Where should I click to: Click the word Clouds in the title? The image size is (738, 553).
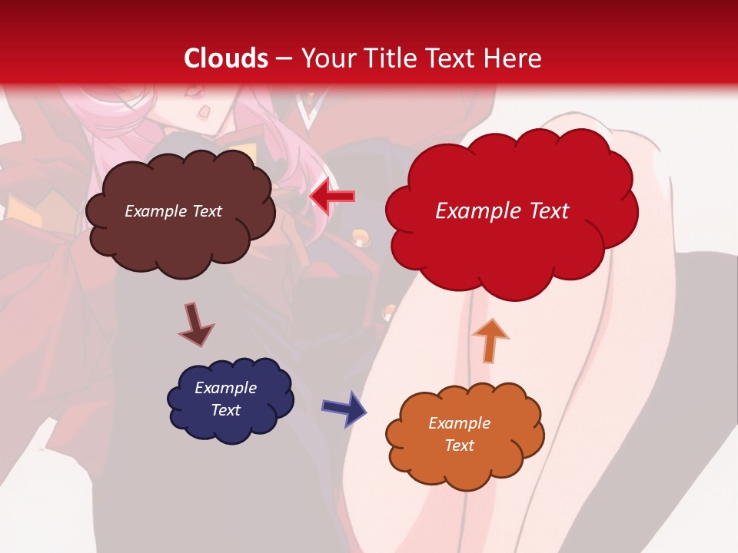click(226, 58)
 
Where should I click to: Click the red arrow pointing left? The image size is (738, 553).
click(332, 197)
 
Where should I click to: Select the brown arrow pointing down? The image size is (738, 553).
click(195, 325)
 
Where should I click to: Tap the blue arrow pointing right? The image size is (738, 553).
click(344, 408)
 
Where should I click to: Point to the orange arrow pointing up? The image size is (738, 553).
click(490, 339)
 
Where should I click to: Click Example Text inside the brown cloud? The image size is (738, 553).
click(173, 211)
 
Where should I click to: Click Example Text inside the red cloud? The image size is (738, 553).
click(502, 211)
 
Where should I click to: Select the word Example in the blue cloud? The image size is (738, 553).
click(225, 388)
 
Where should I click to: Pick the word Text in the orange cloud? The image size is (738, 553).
click(459, 445)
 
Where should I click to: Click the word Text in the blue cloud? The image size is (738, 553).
click(225, 410)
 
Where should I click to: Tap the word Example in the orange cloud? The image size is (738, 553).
click(459, 423)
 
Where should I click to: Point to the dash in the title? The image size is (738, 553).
click(283, 58)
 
